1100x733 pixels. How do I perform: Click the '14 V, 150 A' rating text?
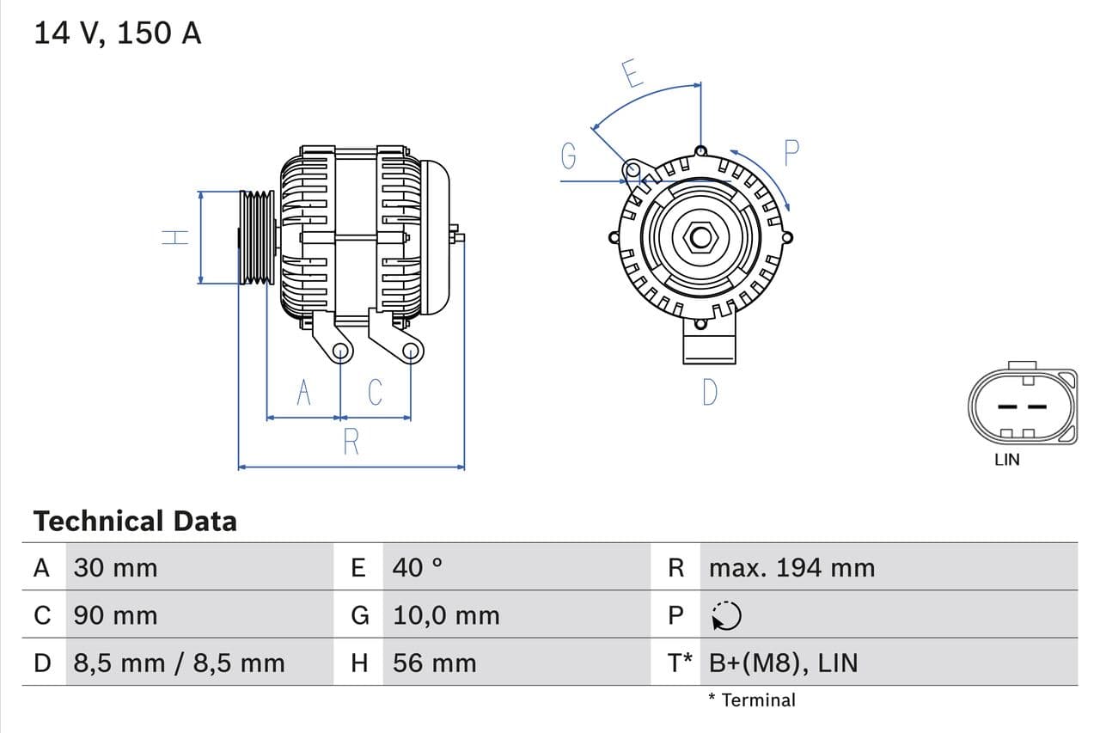point(118,33)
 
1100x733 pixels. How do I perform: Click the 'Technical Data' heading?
point(135,521)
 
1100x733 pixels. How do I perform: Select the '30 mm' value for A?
point(115,568)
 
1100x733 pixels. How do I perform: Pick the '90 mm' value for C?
point(115,615)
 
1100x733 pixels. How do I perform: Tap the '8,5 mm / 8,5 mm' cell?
point(179,663)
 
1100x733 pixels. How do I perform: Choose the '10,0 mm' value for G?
point(446,615)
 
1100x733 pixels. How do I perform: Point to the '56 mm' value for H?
point(434,663)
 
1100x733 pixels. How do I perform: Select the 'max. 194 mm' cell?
point(791,568)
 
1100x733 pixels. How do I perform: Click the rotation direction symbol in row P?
point(726,615)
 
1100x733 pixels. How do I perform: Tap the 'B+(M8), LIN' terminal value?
point(783,663)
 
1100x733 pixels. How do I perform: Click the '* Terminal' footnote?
point(752,699)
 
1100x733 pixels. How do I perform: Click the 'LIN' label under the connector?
point(1006,460)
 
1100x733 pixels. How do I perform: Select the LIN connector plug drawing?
point(1022,406)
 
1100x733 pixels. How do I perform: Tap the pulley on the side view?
point(256,237)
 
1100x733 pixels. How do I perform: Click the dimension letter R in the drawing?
point(351,442)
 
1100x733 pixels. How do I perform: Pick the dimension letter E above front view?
point(632,75)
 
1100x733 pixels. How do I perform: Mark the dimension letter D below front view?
point(709,392)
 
